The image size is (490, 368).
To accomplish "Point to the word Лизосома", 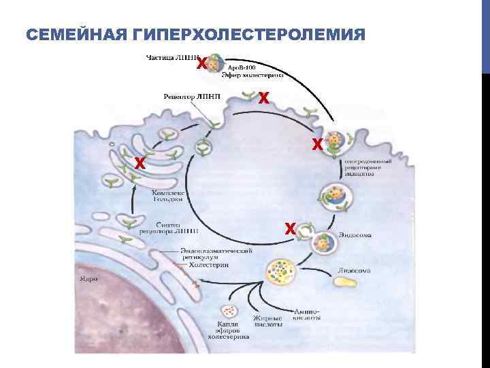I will [355, 271].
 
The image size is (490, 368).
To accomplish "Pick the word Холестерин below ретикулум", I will [208, 266].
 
